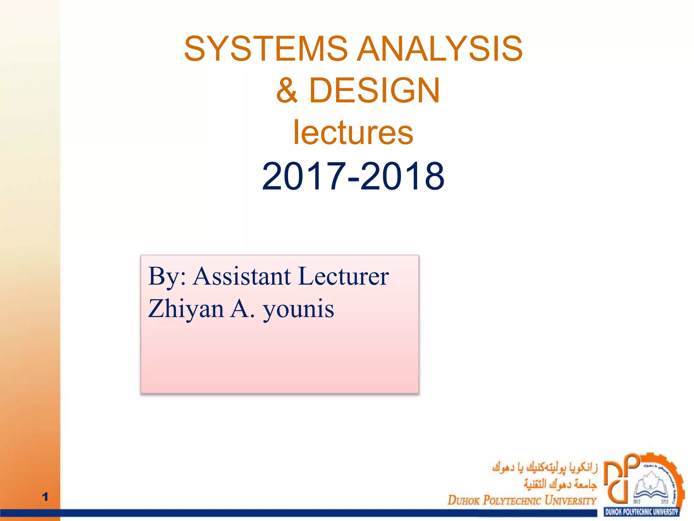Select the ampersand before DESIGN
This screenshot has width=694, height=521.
[x=287, y=90]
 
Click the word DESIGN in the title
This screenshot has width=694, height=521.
[x=374, y=90]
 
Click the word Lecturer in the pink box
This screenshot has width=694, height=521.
[x=343, y=276]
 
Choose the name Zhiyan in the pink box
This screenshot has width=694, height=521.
[x=186, y=309]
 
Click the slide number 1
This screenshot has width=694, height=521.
[x=45, y=497]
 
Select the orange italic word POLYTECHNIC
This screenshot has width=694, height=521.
[x=512, y=500]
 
